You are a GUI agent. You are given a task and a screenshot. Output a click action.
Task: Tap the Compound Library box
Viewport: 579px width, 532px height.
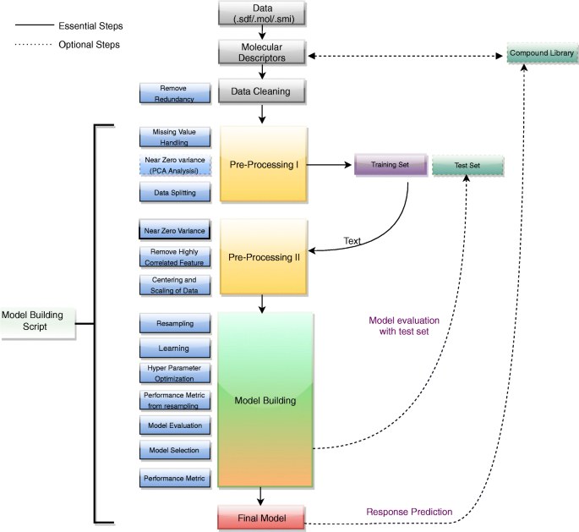(x=542, y=53)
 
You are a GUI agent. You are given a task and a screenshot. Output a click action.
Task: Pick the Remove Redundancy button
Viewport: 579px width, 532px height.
(x=175, y=93)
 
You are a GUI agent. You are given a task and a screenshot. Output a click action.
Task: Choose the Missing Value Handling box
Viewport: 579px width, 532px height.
(x=175, y=137)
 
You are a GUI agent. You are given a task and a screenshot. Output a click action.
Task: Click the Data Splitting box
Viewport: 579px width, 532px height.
(x=175, y=192)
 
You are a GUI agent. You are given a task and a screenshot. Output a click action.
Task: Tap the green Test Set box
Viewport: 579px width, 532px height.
(x=467, y=166)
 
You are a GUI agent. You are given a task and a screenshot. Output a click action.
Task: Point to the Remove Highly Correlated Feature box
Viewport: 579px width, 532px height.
(x=175, y=256)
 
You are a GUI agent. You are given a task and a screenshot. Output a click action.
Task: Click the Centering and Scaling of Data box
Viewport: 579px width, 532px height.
(x=175, y=285)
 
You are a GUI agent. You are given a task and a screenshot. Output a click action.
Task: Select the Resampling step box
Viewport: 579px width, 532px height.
(x=175, y=323)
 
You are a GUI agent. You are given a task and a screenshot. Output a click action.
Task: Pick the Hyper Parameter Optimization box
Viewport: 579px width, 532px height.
(x=175, y=373)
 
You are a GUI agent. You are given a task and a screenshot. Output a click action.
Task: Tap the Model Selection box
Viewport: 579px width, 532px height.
(x=175, y=450)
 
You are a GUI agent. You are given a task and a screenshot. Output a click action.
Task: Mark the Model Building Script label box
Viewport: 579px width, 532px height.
(x=38, y=321)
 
